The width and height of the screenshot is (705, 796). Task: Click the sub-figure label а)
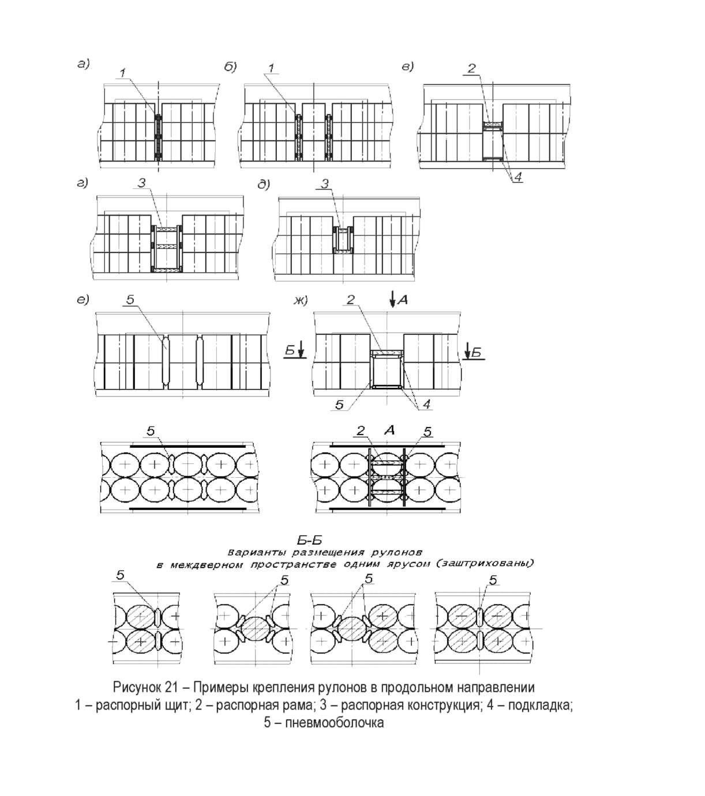pos(83,63)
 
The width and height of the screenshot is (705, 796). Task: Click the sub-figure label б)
pos(230,67)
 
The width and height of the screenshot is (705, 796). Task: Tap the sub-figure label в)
pos(408,67)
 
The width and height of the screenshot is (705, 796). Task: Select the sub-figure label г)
pos(82,183)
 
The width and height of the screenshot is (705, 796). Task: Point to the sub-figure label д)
pos(264,184)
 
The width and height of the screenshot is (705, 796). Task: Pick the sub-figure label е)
pos(83,300)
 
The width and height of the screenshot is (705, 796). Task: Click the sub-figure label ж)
pos(301,300)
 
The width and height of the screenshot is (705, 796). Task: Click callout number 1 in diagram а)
pos(123,73)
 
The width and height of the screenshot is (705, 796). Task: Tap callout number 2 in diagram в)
pos(471,69)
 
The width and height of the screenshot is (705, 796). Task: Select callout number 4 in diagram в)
pos(518,177)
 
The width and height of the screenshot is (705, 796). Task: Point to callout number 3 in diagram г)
pos(141,183)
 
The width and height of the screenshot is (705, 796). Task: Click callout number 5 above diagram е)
pos(130,300)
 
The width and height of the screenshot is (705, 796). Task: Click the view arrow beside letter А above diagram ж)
pos(392,300)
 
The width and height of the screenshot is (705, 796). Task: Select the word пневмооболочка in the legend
pos(334,722)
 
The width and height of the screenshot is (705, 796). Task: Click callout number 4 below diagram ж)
pos(427,403)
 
